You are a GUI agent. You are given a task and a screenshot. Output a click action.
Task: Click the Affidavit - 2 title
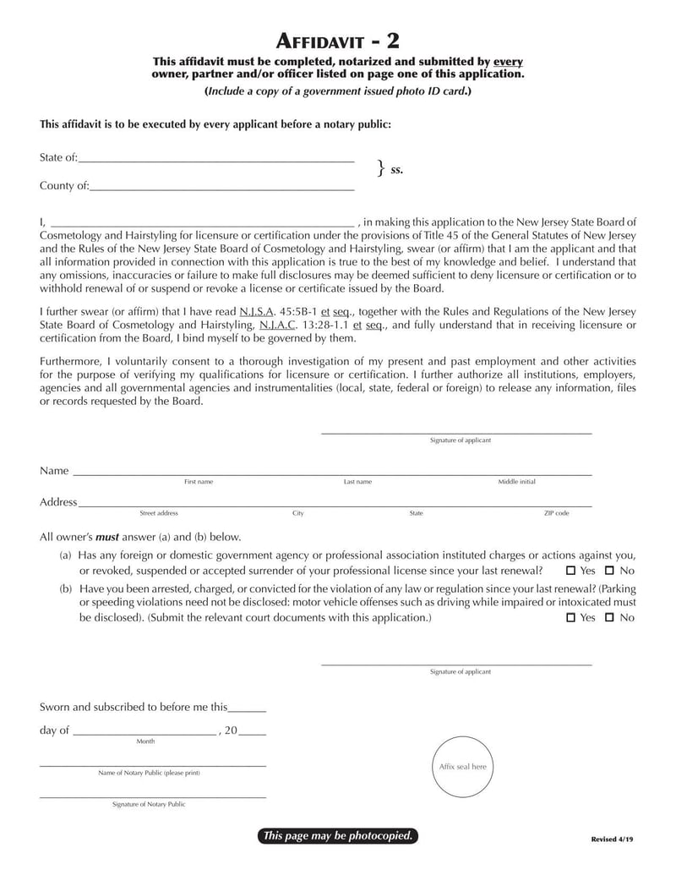click(338, 41)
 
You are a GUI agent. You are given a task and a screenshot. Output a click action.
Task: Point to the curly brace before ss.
click(381, 168)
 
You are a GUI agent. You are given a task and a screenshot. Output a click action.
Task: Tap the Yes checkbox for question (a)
click(570, 571)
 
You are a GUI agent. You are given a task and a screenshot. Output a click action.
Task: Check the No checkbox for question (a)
click(609, 571)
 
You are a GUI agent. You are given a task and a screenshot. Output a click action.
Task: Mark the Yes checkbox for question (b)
click(570, 618)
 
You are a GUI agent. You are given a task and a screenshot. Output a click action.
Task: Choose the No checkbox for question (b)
click(609, 618)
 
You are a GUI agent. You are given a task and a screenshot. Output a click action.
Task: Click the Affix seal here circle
click(462, 767)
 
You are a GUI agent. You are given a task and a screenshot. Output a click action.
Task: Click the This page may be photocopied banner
click(338, 836)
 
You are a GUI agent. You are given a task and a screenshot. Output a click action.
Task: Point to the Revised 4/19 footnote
click(612, 839)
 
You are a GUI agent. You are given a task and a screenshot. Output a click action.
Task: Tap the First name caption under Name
click(199, 482)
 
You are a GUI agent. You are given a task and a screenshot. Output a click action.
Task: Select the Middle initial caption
click(516, 482)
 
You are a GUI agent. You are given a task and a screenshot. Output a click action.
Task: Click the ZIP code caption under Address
click(556, 513)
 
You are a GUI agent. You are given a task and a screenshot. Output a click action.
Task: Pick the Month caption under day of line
click(145, 741)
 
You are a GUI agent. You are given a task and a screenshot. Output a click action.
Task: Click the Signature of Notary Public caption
click(149, 805)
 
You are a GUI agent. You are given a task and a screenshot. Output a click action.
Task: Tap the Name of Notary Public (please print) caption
click(149, 773)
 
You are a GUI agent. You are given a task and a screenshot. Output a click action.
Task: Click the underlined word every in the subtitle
click(509, 62)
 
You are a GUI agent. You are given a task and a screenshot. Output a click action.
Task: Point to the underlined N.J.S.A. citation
click(257, 312)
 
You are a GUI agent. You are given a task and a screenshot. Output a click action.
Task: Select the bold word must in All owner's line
click(106, 537)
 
